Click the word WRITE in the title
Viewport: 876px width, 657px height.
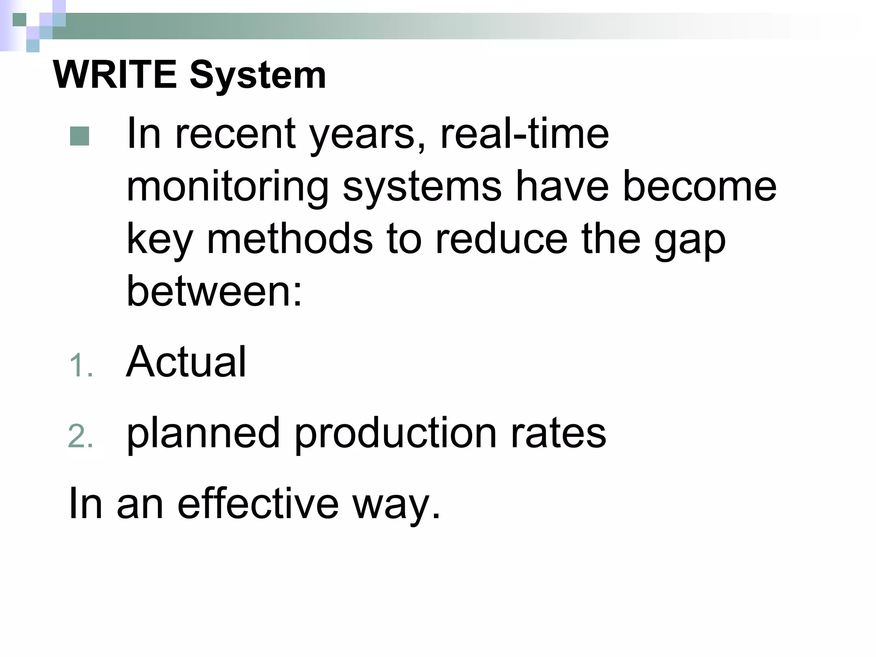tap(115, 75)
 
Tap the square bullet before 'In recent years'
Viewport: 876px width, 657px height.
tap(80, 136)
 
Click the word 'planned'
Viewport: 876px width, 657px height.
tap(203, 434)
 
